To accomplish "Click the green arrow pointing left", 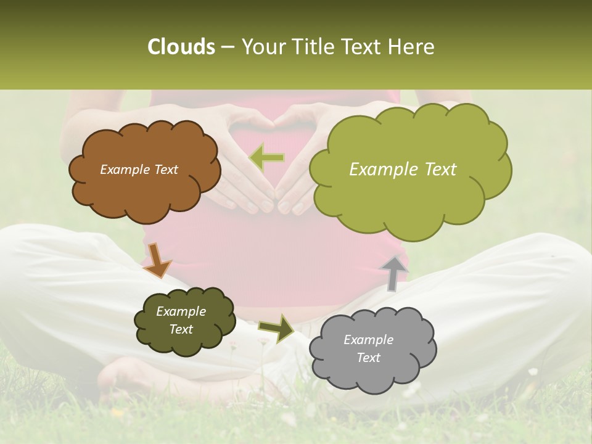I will point(267,158).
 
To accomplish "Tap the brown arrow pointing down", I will point(157,260).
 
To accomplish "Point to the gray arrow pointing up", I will point(394,273).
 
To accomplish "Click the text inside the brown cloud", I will point(139,170).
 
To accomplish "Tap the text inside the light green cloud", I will point(403,170).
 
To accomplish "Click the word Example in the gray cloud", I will point(368,340).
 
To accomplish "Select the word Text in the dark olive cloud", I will point(181,329).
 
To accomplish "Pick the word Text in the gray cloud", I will point(368,358).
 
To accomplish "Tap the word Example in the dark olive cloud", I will point(181,311).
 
